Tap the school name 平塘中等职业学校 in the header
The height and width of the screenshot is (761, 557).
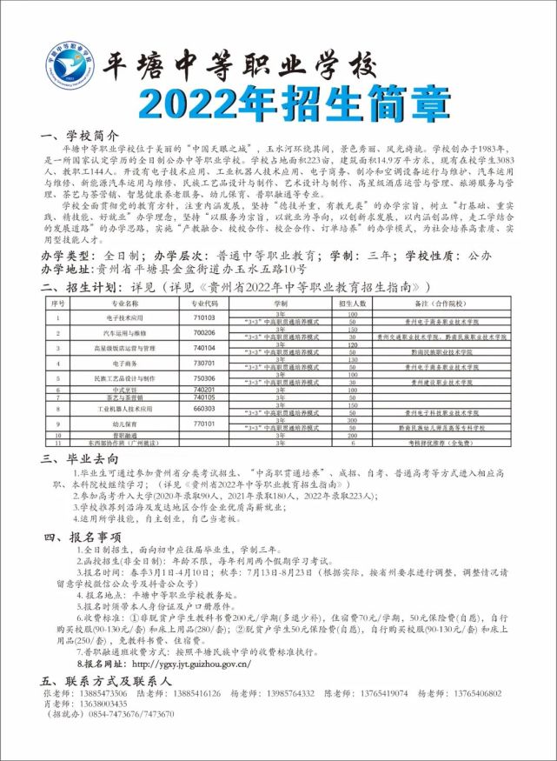(239, 64)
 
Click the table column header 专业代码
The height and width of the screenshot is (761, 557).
(204, 304)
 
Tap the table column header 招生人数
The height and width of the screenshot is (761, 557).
(353, 304)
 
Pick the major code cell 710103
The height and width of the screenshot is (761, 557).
(204, 318)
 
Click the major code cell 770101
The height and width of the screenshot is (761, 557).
(204, 423)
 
